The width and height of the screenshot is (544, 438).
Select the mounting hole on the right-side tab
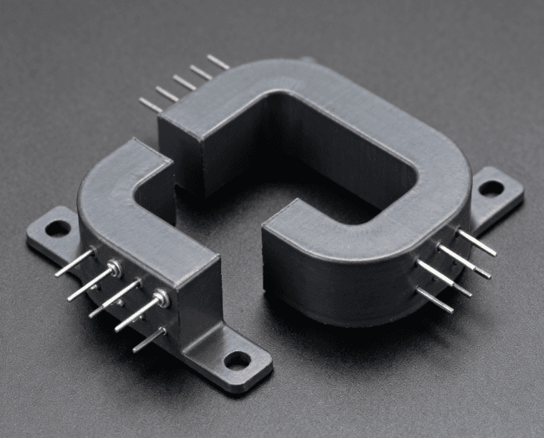(x=491, y=187)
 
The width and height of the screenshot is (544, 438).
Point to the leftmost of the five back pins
(x=150, y=105)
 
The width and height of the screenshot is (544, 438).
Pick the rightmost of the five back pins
(x=217, y=62)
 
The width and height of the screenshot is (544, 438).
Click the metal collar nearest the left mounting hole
(x=114, y=267)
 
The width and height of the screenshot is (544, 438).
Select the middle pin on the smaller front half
(x=114, y=298)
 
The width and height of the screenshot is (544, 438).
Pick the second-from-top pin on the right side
(x=465, y=261)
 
